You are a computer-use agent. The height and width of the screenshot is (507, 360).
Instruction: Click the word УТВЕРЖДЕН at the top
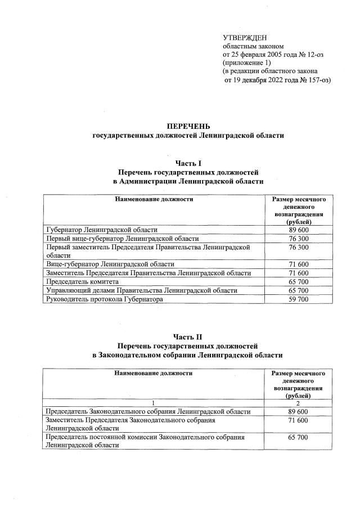[244, 37]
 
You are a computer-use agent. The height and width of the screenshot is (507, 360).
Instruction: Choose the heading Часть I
[188, 162]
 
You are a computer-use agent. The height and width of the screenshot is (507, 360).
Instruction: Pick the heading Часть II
[188, 336]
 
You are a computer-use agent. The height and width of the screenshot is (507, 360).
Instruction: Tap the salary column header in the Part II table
[298, 384]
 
